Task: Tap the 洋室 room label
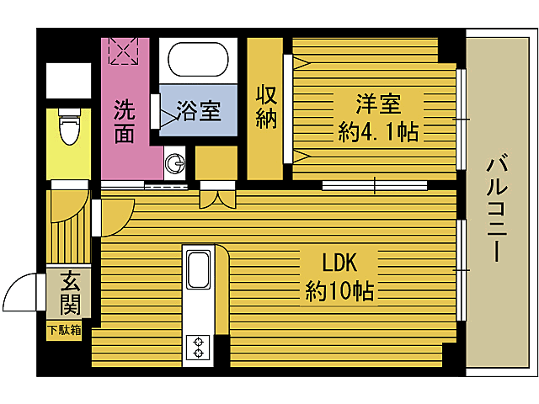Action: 377,105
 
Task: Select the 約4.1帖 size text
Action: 379,132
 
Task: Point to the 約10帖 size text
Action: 340,291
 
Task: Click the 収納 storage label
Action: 267,107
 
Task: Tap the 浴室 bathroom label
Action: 199,111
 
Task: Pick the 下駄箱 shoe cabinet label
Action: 64,330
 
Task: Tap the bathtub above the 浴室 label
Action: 198,61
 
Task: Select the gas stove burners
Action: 200,347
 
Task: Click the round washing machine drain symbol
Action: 175,162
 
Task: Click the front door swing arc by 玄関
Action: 19,295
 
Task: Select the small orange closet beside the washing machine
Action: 217,162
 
